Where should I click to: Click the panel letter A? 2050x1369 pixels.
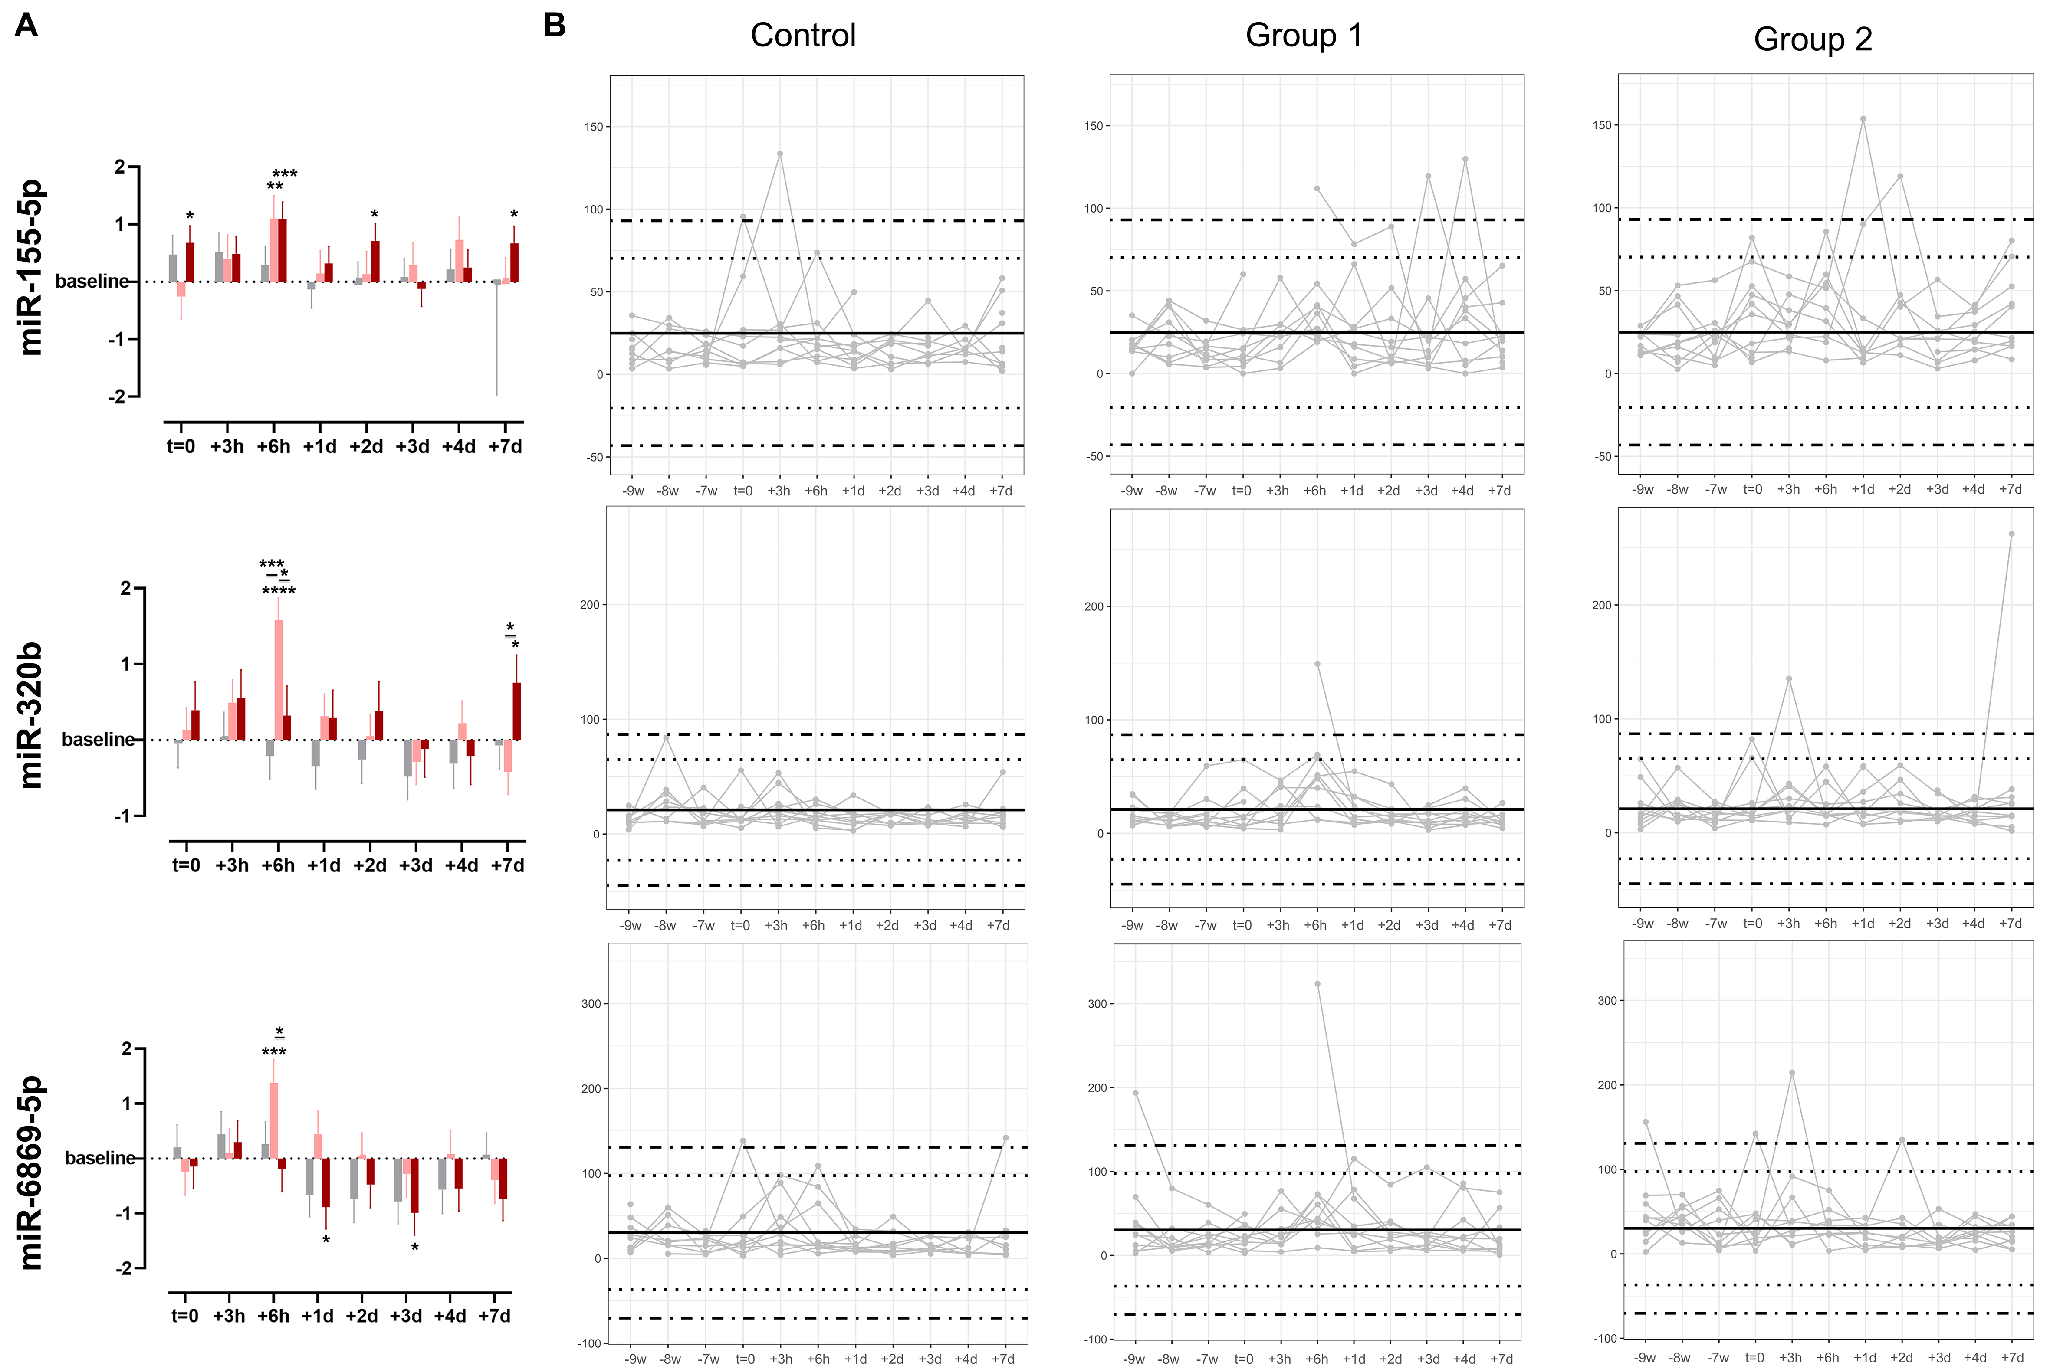[x=26, y=25]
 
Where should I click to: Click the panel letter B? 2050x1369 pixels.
[x=555, y=25]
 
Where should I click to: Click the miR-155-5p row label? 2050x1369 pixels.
[x=31, y=267]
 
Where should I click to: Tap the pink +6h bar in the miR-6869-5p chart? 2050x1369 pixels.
[x=273, y=1120]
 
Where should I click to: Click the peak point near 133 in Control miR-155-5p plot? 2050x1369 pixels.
[x=780, y=154]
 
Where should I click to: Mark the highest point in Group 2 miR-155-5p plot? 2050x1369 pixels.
[x=1863, y=119]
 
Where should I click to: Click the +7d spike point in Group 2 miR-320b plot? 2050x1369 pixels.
[x=2011, y=534]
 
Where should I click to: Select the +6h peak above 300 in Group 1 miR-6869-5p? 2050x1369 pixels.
[x=1317, y=984]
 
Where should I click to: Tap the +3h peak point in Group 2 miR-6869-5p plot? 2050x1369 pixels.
[x=1792, y=1072]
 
